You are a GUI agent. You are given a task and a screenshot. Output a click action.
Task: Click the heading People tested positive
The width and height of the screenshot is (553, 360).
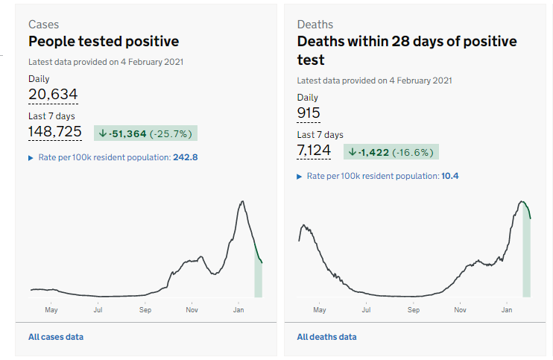pos(104,42)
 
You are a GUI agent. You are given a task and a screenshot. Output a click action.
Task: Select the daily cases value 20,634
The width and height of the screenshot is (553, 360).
pos(53,94)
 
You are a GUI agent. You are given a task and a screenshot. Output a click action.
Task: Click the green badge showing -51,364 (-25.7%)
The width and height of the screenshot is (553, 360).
pos(146,133)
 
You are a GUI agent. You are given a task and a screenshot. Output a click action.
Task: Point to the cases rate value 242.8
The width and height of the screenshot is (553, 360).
pos(186,157)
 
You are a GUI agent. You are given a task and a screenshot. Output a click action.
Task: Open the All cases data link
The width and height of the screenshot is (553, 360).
pos(56,337)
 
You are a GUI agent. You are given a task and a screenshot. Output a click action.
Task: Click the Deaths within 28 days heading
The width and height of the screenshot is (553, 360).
pos(406,50)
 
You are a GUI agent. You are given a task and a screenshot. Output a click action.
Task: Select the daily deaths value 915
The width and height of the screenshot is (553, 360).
pos(309,113)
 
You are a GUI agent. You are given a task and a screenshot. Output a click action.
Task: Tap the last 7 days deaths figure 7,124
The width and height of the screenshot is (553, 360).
pos(313,151)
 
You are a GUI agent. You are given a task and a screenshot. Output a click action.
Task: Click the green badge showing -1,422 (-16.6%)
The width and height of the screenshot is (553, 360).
pos(391,152)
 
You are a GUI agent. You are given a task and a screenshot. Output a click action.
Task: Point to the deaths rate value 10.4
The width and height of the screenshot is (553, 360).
pos(449,176)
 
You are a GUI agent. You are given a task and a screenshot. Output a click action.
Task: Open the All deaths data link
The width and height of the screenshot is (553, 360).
pos(326,337)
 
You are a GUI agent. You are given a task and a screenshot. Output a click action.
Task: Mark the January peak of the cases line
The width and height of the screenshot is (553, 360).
pos(242,201)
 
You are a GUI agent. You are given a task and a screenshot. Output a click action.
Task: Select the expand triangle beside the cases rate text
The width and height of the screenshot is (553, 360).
pos(31,158)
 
